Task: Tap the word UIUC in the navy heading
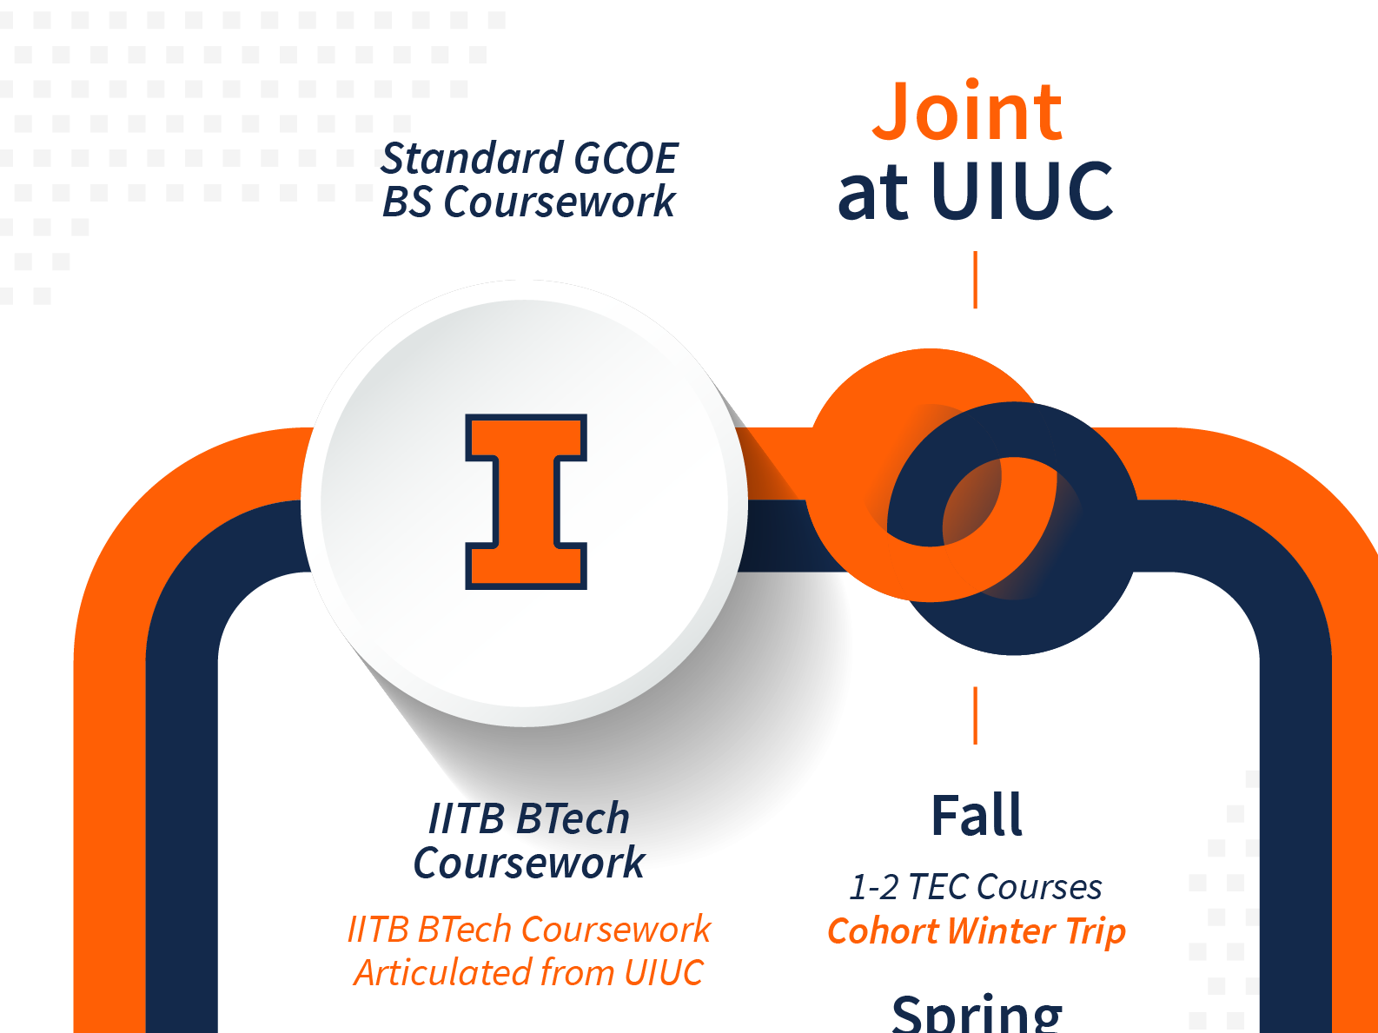1022,190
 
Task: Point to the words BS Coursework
528,202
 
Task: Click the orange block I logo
526,501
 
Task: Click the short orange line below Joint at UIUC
975,280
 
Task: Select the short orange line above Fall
975,715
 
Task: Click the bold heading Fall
977,815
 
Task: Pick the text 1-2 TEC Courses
975,887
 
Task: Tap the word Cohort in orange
884,930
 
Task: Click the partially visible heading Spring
977,1014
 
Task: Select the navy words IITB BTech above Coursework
528,818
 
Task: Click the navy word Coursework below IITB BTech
528,863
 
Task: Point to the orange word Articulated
443,973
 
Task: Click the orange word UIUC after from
664,973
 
